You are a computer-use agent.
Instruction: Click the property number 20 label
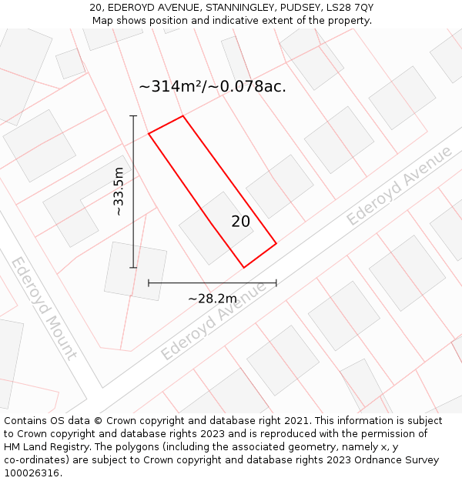(240, 222)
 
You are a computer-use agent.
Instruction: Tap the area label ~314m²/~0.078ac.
(213, 87)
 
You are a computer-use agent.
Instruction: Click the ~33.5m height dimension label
(119, 192)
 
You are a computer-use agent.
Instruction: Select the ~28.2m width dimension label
(213, 299)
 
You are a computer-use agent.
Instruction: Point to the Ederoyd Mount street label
(43, 308)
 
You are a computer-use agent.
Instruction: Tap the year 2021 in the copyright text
(295, 421)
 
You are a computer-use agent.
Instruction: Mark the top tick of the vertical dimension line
(133, 116)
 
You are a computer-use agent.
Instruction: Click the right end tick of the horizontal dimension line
(276, 283)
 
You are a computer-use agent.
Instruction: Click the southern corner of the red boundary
(244, 268)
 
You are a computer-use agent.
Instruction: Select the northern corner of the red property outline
(183, 116)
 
